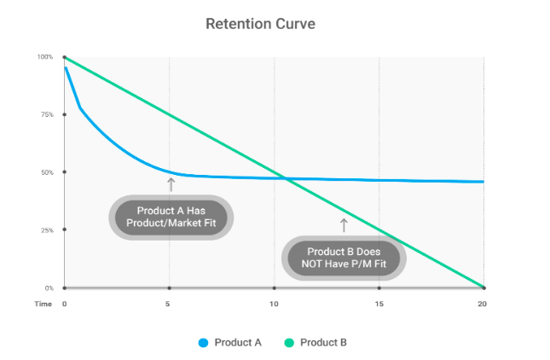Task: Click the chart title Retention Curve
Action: pos(260,24)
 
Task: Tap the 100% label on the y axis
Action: pos(44,57)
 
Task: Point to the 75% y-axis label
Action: pos(46,114)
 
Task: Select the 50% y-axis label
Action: pos(46,172)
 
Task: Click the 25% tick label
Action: pos(46,230)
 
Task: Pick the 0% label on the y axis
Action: pos(48,288)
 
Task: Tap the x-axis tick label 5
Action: pos(169,304)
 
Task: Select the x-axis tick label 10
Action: pos(275,304)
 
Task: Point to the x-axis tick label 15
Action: pos(379,304)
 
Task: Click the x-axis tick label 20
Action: pos(483,304)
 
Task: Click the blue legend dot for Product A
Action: pos(204,343)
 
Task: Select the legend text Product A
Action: pos(238,343)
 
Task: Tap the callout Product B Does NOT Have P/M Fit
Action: pos(344,258)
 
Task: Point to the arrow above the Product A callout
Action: pos(171,183)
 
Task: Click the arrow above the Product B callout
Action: pos(344,224)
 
